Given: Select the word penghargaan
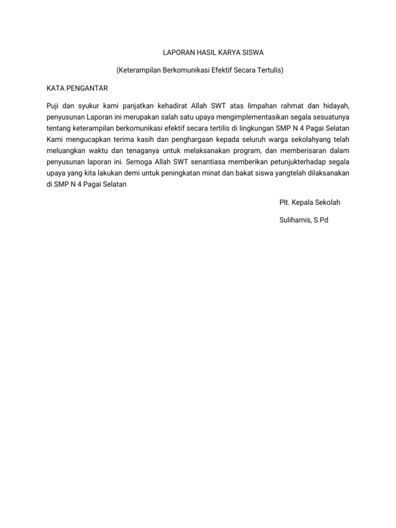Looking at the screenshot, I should (186, 139).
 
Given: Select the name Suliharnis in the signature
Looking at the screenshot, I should (295, 220).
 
